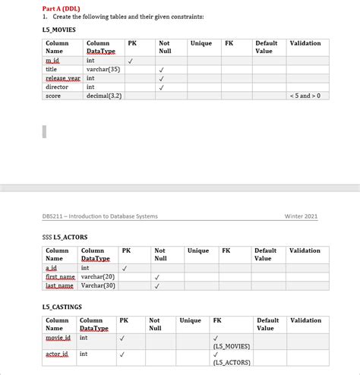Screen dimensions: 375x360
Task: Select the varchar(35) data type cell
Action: (103, 68)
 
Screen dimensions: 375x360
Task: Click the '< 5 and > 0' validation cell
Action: (306, 96)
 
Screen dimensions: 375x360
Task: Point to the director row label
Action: (57, 87)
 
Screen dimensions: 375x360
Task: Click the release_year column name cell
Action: (63, 77)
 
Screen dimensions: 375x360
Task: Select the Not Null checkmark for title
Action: (161, 68)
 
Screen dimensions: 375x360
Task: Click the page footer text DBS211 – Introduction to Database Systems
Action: (100, 216)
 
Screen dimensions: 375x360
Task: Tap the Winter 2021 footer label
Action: (301, 216)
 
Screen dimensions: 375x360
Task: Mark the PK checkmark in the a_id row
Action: (125, 267)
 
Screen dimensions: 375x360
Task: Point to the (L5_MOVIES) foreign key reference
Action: (232, 345)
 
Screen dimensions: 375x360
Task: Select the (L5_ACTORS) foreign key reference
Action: (232, 362)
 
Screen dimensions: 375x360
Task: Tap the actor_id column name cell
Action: (57, 354)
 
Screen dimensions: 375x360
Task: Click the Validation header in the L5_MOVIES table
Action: (305, 43)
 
